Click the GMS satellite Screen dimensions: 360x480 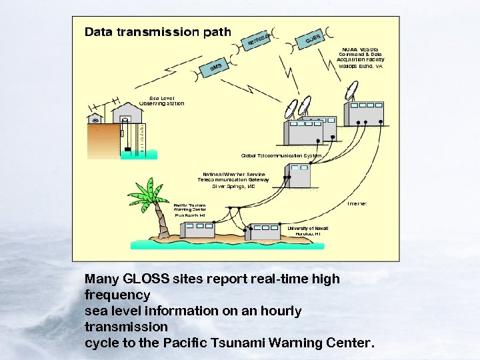click(x=215, y=68)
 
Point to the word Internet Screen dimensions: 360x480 click(x=357, y=203)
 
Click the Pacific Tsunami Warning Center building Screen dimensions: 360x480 click(x=201, y=229)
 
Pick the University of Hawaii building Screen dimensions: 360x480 click(x=265, y=231)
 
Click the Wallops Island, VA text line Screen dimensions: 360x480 click(x=360, y=67)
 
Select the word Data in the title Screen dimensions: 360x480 click(x=98, y=31)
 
